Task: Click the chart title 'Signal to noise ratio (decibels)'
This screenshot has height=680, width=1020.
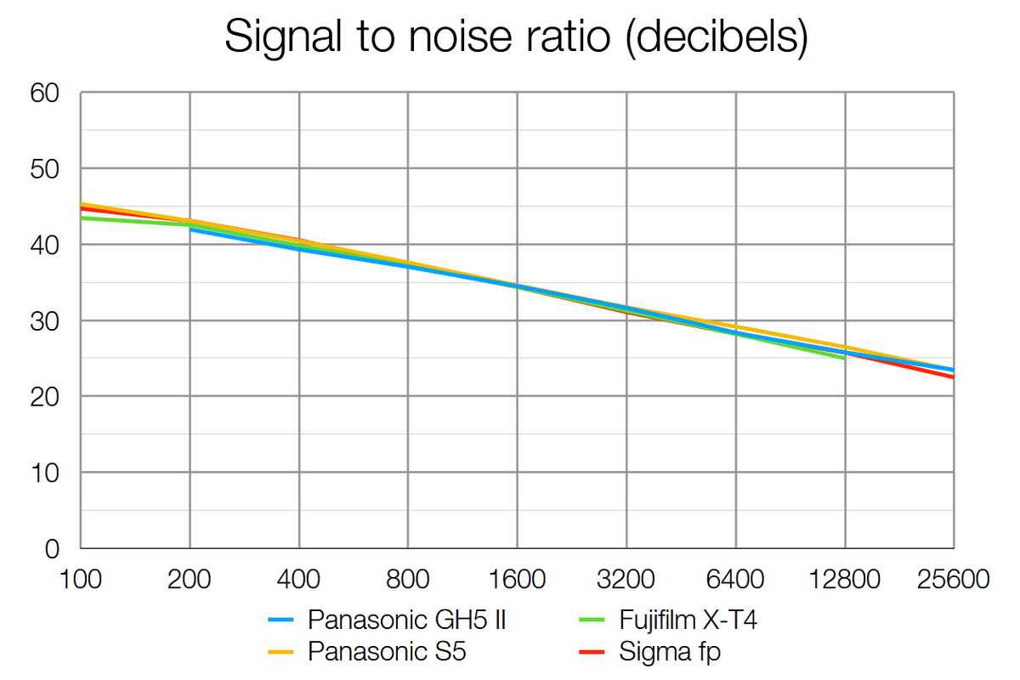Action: (516, 38)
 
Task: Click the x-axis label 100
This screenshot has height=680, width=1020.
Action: (81, 581)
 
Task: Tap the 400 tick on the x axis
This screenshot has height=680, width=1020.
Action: (299, 581)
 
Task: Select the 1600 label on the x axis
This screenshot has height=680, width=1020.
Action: (518, 581)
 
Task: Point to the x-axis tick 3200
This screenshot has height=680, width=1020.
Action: (627, 581)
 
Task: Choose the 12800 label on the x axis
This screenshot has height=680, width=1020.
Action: (845, 581)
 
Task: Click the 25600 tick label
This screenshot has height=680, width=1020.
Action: (954, 581)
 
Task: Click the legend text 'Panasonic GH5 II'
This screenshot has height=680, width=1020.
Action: (407, 620)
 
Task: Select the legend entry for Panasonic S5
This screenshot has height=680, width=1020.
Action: (387, 652)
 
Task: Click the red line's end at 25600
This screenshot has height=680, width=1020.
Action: (953, 377)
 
